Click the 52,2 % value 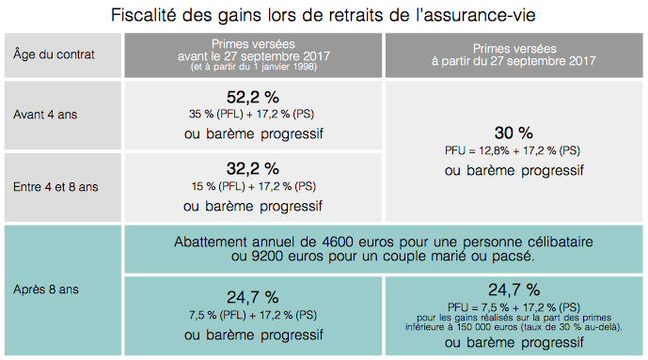click(253, 96)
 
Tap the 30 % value click(513, 132)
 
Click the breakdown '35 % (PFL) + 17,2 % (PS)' click(253, 114)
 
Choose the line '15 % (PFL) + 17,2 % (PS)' click(253, 186)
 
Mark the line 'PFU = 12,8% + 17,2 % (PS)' click(513, 150)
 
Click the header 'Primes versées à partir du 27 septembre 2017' click(514, 54)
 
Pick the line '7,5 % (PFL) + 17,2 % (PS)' click(253, 314)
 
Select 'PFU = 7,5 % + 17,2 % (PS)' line click(513, 306)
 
